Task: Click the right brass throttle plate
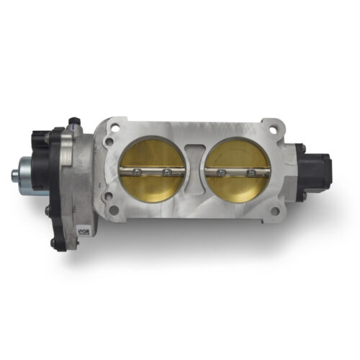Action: pos(235,155)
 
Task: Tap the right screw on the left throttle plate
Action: pos(167,171)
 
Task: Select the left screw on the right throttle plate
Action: pos(221,173)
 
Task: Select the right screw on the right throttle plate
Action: pos(251,174)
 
